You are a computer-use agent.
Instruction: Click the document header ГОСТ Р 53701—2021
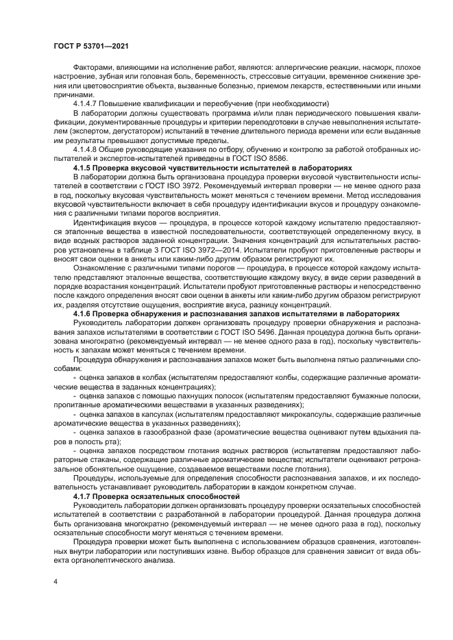tap(92, 45)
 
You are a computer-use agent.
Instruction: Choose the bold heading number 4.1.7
tap(84, 494)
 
